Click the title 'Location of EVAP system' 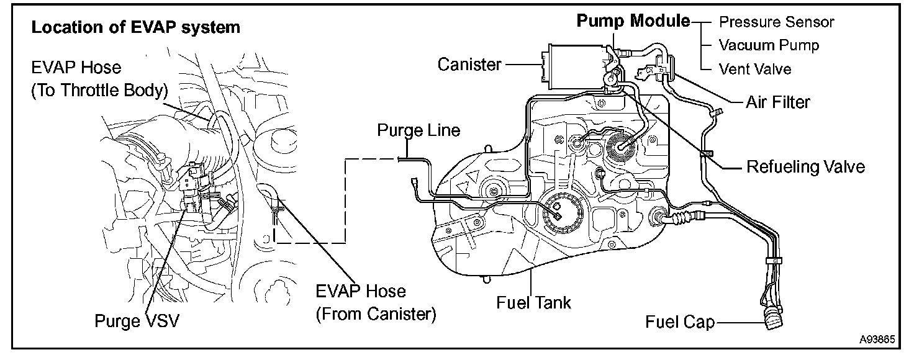coord(136,28)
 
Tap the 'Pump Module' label coord(633,21)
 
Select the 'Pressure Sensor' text coord(776,22)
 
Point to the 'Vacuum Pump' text coord(769,45)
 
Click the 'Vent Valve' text coord(755,68)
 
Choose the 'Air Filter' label coord(778,101)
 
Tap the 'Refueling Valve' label coord(805,166)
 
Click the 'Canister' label coord(469,64)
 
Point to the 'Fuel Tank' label coord(533,302)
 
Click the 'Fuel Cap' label coord(680,322)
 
